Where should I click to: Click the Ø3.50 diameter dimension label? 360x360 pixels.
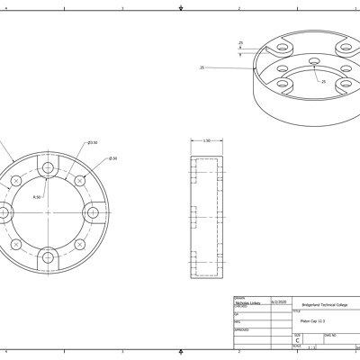pyautogui.click(x=92, y=142)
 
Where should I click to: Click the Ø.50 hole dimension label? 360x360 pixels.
pyautogui.click(x=112, y=158)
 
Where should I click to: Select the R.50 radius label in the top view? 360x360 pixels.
pyautogui.click(x=37, y=196)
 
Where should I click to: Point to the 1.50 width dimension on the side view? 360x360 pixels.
pyautogui.click(x=206, y=140)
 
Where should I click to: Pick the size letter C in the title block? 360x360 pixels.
pyautogui.click(x=298, y=341)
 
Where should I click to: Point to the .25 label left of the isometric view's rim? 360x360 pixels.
pyautogui.click(x=202, y=67)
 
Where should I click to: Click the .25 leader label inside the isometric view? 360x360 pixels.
pyautogui.click(x=322, y=81)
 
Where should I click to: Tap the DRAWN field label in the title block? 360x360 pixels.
pyautogui.click(x=239, y=298)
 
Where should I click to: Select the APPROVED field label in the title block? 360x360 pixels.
pyautogui.click(x=241, y=329)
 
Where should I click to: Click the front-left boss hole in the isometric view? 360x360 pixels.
pyautogui.click(x=286, y=86)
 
